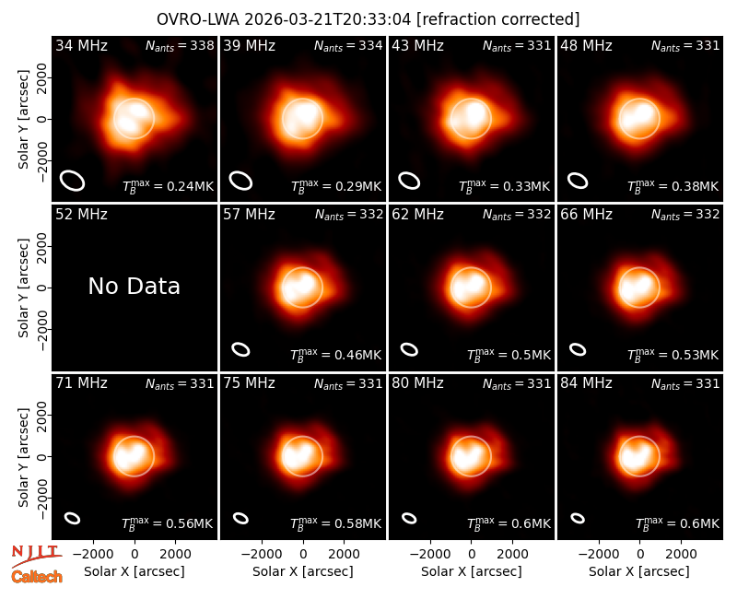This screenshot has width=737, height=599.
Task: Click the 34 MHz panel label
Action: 81,45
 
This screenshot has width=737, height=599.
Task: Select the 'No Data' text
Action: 135,286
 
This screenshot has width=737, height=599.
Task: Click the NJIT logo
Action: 36,556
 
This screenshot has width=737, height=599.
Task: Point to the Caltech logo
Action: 37,577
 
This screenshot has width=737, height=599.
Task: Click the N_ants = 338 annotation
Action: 180,45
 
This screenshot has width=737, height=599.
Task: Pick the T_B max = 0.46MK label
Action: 335,356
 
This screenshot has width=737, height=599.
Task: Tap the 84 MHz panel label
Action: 586,383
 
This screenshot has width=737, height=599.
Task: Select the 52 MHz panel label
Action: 81,215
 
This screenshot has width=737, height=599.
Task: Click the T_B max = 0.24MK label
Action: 168,187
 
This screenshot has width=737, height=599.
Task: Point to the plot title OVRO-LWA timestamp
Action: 368,19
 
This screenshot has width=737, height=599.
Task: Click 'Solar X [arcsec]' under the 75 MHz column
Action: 303,571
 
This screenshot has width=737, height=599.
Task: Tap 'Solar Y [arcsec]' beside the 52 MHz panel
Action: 24,288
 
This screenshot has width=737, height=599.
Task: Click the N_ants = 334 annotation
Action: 348,45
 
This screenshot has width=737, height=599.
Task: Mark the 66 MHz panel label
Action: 586,215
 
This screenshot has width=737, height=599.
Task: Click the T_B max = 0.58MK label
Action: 335,524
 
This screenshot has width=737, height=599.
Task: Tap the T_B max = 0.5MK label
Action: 509,356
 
